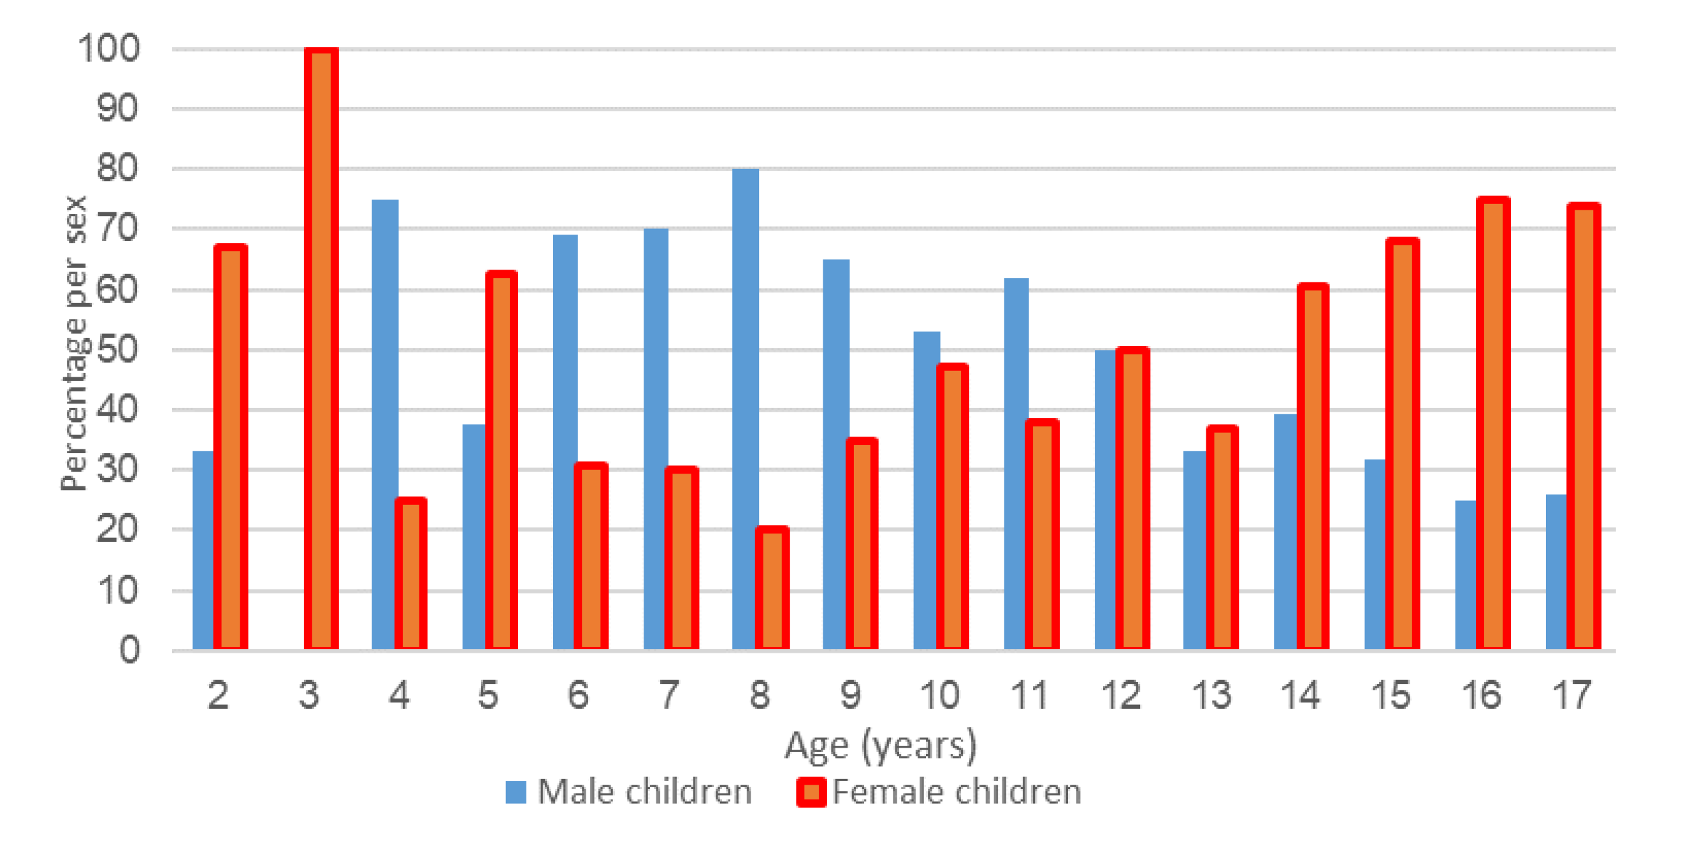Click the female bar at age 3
[x=321, y=348]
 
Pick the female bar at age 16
[x=1493, y=423]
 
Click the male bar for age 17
[x=1556, y=571]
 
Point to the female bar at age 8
[x=772, y=588]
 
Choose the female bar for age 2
[x=231, y=446]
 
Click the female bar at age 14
[x=1313, y=466]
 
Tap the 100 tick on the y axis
[x=109, y=49]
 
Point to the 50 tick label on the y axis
[x=118, y=350]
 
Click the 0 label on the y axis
[x=129, y=650]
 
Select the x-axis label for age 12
[x=1121, y=695]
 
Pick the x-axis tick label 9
[x=850, y=695]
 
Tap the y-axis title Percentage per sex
[x=74, y=342]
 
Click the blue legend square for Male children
[x=516, y=792]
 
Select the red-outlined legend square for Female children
[x=811, y=792]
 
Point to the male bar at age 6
[x=564, y=440]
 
